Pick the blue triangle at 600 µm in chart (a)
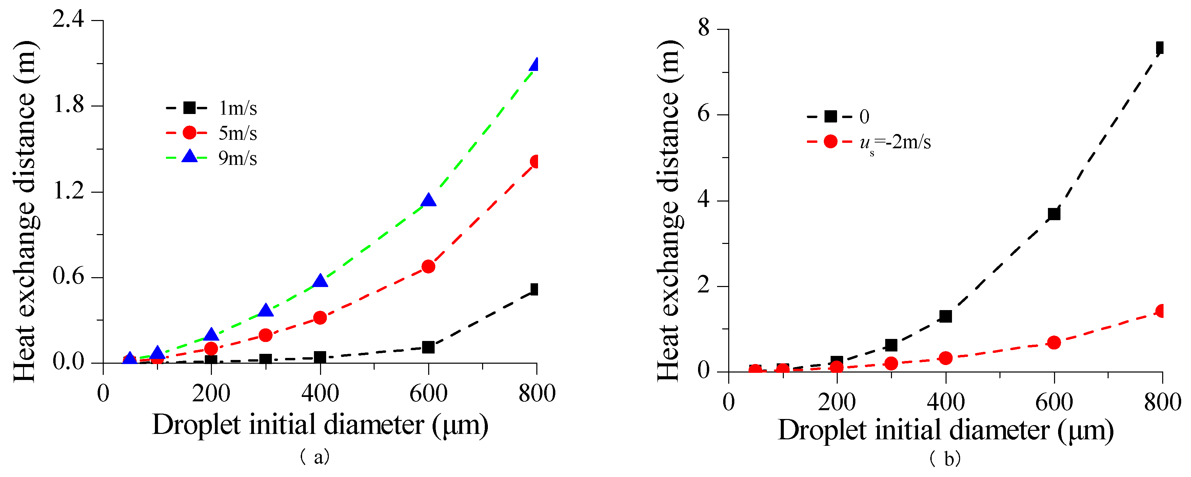(x=428, y=200)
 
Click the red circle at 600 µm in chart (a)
(x=428, y=267)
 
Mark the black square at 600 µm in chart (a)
(x=428, y=347)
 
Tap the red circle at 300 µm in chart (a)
(x=265, y=335)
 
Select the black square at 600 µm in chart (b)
(x=1054, y=214)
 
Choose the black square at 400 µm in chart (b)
(x=946, y=317)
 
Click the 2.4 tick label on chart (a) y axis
(x=68, y=20)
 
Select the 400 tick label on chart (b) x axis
(x=946, y=402)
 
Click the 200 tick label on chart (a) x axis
(x=211, y=394)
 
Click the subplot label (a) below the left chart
(x=315, y=457)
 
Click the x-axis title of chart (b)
(x=946, y=430)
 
